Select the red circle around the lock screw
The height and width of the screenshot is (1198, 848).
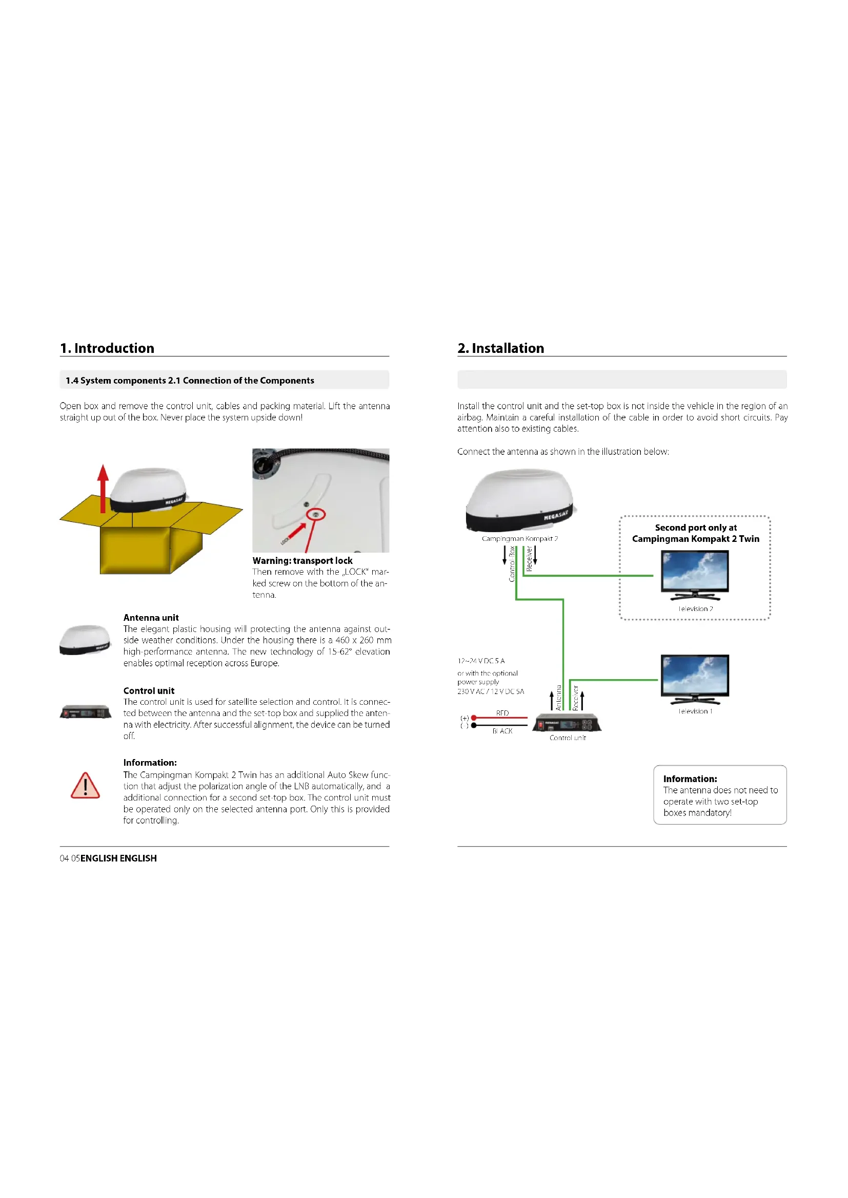[316, 514]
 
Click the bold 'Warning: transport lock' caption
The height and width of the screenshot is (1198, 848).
[302, 560]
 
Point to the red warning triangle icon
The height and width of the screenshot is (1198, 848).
[85, 786]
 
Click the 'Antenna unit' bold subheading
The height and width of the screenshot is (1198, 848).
[151, 617]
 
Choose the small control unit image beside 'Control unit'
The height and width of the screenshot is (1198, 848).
[86, 712]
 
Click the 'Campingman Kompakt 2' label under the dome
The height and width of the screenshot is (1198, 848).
[519, 538]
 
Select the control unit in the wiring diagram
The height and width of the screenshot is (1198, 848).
[567, 723]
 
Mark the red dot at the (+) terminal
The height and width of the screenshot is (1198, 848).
[474, 718]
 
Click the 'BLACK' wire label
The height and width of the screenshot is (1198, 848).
[502, 731]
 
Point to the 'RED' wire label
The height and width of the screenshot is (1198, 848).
[502, 713]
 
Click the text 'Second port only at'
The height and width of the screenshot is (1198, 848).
[696, 528]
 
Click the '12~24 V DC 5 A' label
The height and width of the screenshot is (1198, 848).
[481, 661]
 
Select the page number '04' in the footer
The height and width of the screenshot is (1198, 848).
[64, 858]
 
